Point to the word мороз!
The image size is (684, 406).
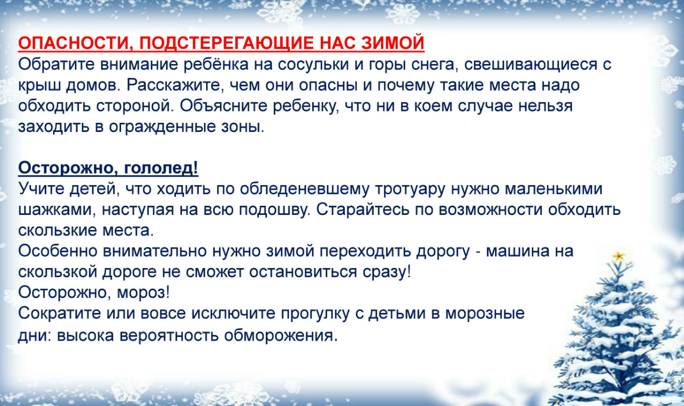145,292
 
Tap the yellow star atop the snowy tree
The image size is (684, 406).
618,256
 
